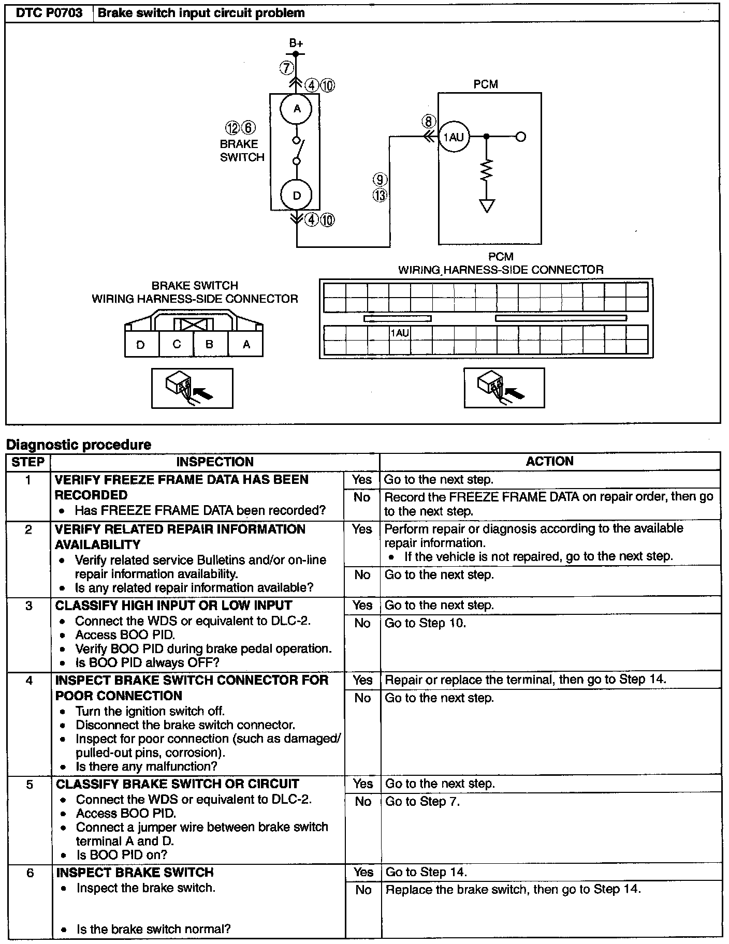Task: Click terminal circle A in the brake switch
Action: pyautogui.click(x=297, y=109)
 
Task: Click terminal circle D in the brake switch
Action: pyautogui.click(x=297, y=195)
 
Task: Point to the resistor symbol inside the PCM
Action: pyautogui.click(x=487, y=170)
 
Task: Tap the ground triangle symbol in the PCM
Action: pyautogui.click(x=487, y=206)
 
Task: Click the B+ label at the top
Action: pyautogui.click(x=296, y=44)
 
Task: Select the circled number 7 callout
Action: pyautogui.click(x=287, y=68)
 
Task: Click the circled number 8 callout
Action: pyautogui.click(x=428, y=122)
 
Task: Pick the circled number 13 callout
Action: pyautogui.click(x=381, y=196)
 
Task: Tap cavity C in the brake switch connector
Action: pyautogui.click(x=176, y=344)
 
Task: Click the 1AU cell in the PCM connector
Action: pyautogui.click(x=400, y=333)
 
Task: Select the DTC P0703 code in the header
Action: pyautogui.click(x=49, y=13)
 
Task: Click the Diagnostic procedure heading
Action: pyautogui.click(x=78, y=445)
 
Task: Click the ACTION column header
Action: pyautogui.click(x=549, y=461)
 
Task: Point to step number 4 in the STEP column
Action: pyautogui.click(x=29, y=680)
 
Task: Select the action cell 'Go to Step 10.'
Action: pyautogui.click(x=425, y=623)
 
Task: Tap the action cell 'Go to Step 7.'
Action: pyautogui.click(x=422, y=802)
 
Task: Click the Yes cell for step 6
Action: pyautogui.click(x=363, y=872)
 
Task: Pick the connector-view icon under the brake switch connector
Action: pyautogui.click(x=192, y=388)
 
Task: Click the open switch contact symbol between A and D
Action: pyautogui.click(x=297, y=151)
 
